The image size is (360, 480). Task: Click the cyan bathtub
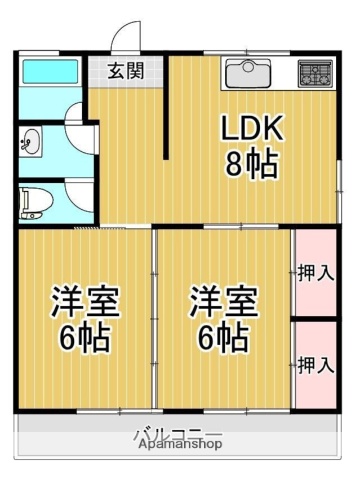pyautogui.click(x=49, y=72)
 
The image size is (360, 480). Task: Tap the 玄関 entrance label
pyautogui.click(x=126, y=71)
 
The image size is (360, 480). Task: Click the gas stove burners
pyautogui.click(x=315, y=72)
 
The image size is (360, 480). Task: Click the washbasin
pyautogui.click(x=30, y=141)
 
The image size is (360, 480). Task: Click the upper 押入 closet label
pyautogui.click(x=315, y=272)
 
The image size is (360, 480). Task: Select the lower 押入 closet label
pyautogui.click(x=315, y=364)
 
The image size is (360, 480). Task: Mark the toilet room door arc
pyautogui.click(x=78, y=192)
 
